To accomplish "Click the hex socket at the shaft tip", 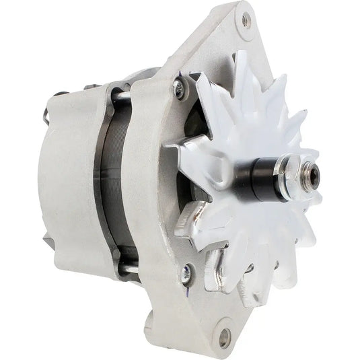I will [x=311, y=181].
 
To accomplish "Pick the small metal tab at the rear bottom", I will [x=48, y=239].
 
